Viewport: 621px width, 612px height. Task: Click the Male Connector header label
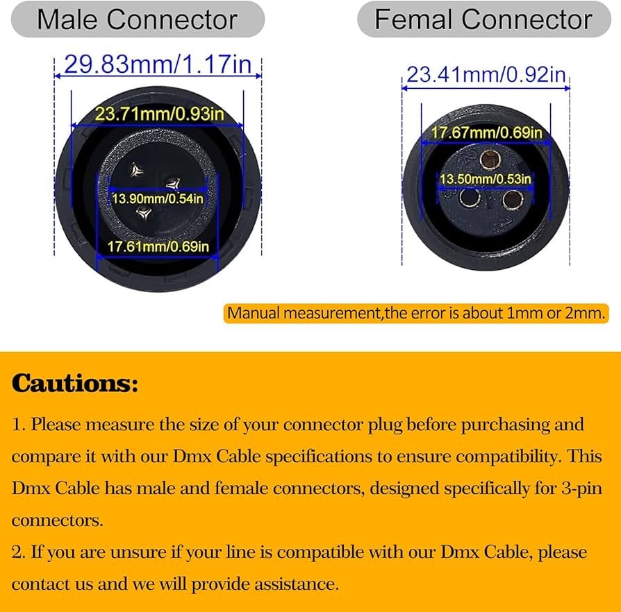(x=137, y=19)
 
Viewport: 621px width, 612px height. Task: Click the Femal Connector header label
(x=483, y=19)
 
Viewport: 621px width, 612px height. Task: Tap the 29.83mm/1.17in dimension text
(x=158, y=64)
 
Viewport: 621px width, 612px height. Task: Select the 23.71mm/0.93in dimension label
(x=159, y=114)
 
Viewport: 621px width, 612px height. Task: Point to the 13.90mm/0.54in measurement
(x=158, y=198)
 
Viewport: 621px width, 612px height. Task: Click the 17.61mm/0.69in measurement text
(x=158, y=246)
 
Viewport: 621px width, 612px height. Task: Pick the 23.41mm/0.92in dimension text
(x=486, y=74)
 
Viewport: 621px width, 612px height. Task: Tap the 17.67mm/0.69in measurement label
(x=486, y=133)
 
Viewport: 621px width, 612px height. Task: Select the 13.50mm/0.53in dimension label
(x=485, y=179)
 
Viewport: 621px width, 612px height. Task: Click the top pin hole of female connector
(x=490, y=160)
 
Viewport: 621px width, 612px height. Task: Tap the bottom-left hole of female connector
(x=470, y=197)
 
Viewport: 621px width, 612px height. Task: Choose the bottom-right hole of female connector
(x=513, y=199)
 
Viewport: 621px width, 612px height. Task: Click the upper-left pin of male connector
(x=137, y=170)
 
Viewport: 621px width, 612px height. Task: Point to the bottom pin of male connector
(x=144, y=213)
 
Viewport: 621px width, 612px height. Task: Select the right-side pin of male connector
(x=173, y=184)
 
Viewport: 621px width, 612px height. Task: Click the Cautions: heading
(x=75, y=383)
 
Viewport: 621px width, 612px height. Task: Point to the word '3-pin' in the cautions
(x=582, y=488)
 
